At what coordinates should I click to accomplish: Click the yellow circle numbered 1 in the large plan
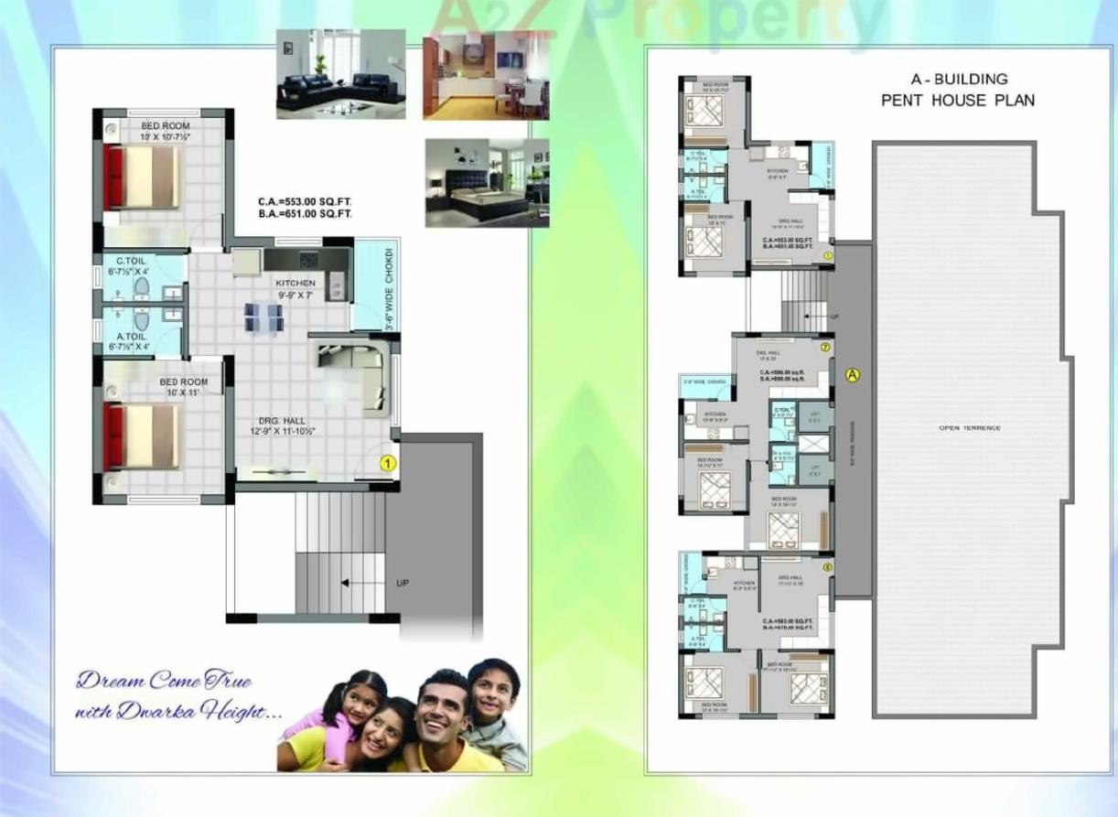point(387,464)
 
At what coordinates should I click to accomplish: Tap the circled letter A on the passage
point(853,374)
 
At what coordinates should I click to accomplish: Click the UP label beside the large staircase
point(402,583)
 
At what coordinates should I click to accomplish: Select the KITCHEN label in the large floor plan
point(296,284)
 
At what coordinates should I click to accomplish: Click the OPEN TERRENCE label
point(969,428)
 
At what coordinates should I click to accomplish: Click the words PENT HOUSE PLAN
point(957,101)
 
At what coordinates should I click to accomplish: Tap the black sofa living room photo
point(340,74)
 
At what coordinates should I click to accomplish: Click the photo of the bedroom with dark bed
point(487,183)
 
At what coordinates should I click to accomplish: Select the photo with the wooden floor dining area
point(485,74)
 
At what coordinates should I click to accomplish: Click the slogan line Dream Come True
point(164,680)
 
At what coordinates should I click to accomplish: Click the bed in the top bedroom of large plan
point(143,177)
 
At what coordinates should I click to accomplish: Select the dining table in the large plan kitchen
point(263,317)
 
